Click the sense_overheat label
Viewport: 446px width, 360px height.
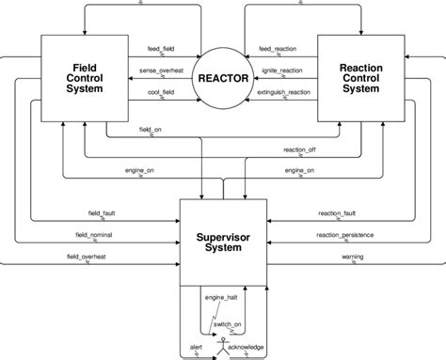(159, 70)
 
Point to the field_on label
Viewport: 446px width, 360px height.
(151, 128)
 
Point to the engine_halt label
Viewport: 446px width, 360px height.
(218, 299)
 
